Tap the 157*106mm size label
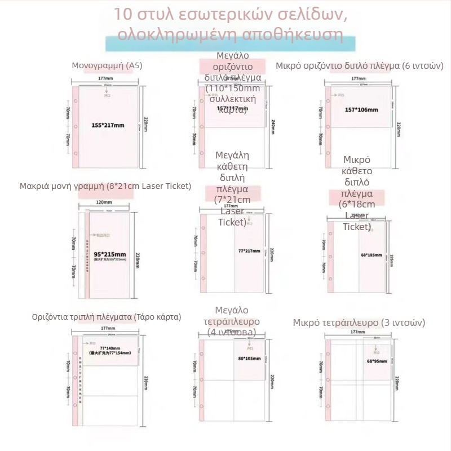point(361,110)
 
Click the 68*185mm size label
point(371,255)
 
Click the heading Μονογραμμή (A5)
point(107,65)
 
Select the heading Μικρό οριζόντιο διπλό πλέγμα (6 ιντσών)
point(360,65)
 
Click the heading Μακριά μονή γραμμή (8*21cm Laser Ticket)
point(105,186)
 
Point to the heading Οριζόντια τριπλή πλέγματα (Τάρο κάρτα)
point(107,317)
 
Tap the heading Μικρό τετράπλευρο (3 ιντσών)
point(359,322)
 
